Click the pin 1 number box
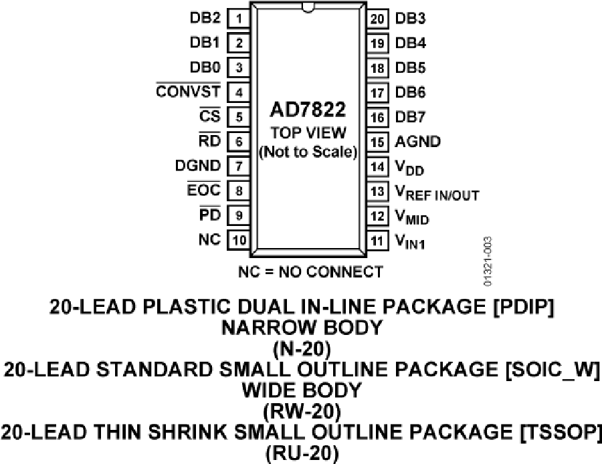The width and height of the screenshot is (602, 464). (239, 19)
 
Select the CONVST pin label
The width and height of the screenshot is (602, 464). (188, 92)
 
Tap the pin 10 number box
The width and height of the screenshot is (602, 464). (239, 240)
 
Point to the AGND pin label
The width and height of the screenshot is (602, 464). (417, 142)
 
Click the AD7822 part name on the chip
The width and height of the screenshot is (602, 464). (308, 110)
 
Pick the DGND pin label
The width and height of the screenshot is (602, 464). (198, 166)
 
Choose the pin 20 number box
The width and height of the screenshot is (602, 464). (377, 19)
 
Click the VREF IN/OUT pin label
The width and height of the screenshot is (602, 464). (437, 193)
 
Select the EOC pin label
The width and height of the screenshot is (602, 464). (204, 189)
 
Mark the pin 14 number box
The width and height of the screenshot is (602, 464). (377, 166)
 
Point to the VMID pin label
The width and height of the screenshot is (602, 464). (412, 217)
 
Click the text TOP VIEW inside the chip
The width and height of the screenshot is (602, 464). (308, 133)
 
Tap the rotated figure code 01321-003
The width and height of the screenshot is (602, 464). (487, 261)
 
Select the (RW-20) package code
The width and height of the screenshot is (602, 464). (302, 412)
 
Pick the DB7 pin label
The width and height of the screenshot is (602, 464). (410, 117)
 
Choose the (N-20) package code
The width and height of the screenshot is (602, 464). (302, 349)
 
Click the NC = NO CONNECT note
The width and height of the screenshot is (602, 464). (310, 271)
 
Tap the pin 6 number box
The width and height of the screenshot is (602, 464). (239, 142)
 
